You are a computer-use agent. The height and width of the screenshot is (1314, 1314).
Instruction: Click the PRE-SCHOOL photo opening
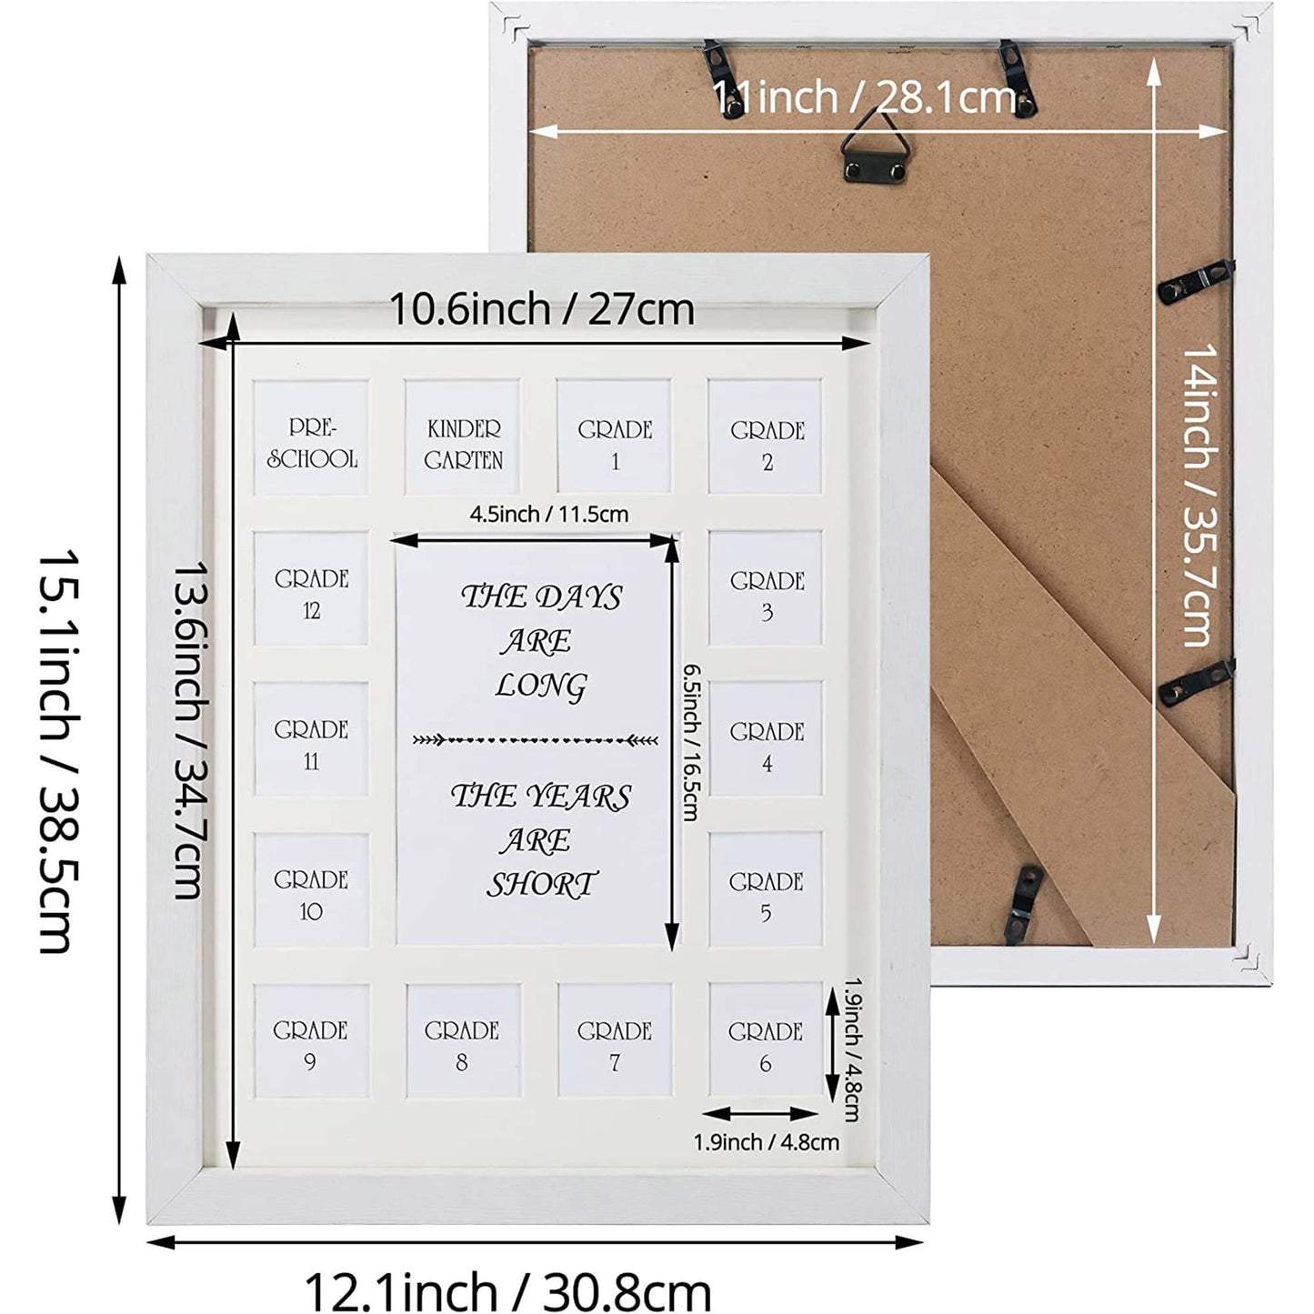(x=311, y=437)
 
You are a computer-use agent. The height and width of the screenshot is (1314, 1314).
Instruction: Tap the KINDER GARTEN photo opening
(x=462, y=437)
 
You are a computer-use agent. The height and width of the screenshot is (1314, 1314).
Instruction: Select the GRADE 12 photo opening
(x=311, y=588)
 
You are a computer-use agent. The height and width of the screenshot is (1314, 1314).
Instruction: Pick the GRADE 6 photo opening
(x=765, y=1039)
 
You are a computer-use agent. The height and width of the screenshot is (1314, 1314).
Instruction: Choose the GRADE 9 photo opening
(x=311, y=1040)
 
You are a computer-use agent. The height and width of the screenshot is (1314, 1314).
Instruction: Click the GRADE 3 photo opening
(x=765, y=588)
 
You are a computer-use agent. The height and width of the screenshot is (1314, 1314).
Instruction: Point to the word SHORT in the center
(x=542, y=885)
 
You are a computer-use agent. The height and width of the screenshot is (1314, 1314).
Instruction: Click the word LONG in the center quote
(x=541, y=686)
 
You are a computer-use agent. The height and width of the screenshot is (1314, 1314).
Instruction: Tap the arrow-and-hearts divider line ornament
(x=536, y=740)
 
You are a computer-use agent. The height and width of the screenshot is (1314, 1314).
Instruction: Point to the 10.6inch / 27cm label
(x=541, y=309)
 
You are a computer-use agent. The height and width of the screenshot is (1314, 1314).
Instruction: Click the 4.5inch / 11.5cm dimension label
(x=549, y=514)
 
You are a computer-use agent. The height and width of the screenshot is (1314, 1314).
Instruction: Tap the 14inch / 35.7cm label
(x=1199, y=495)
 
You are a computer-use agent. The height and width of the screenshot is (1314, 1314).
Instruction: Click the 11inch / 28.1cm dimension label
(x=865, y=96)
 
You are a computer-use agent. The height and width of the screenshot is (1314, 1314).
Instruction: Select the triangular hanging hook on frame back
(x=876, y=150)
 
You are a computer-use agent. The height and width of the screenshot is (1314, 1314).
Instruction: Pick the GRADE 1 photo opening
(x=614, y=437)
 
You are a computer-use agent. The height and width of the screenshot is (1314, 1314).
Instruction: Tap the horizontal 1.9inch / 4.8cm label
(x=767, y=1142)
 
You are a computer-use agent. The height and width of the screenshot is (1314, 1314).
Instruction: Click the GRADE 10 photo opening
(x=311, y=890)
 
